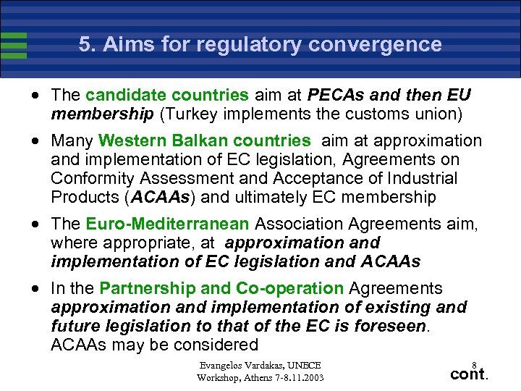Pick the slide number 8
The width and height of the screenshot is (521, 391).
click(474, 364)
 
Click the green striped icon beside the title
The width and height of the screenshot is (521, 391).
click(14, 45)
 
